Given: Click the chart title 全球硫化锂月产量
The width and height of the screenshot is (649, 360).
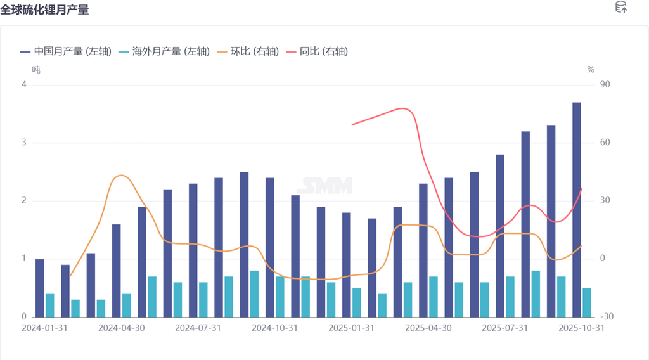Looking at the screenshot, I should point(45,10).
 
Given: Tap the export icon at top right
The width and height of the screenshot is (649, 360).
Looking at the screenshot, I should point(621,8).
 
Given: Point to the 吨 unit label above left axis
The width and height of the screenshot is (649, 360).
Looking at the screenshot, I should point(36,69).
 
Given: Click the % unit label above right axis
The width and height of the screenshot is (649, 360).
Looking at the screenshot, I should point(591,69).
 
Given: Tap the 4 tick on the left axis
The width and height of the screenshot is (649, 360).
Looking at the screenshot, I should point(24,85).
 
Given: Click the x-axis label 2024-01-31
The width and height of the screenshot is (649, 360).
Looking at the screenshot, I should point(44,328).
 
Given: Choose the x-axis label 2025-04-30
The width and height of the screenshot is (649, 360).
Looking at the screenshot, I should point(428,328).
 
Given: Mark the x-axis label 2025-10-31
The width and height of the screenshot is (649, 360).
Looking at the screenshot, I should point(581,328).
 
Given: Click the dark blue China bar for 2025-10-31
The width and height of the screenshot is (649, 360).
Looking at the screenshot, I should point(577,209).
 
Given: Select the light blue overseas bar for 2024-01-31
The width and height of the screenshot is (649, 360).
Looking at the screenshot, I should point(49,305).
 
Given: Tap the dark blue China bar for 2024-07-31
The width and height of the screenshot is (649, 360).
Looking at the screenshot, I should point(193,250).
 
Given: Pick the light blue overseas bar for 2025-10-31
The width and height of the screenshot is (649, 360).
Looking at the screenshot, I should point(587,302).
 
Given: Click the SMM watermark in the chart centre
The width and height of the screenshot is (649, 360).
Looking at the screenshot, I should point(324,186).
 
